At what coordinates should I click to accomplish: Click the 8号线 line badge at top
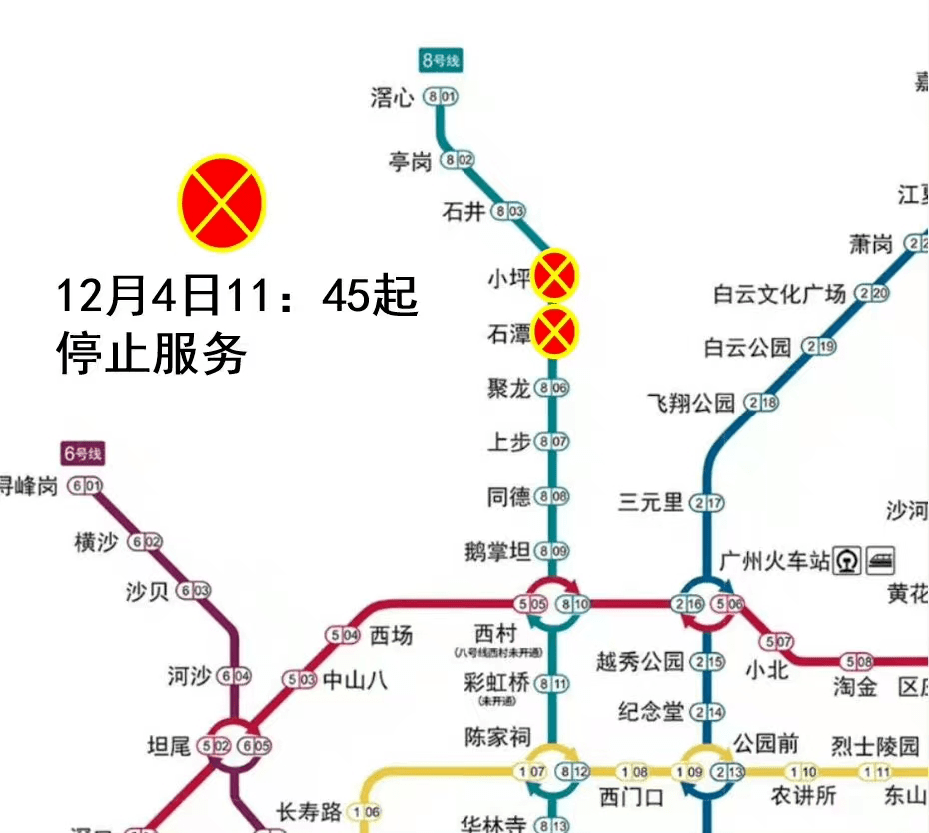tap(441, 61)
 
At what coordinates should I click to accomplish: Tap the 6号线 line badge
tap(83, 454)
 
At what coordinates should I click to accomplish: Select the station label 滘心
tap(392, 97)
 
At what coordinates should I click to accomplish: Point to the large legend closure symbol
tap(221, 202)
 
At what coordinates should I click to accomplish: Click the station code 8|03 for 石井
tap(509, 211)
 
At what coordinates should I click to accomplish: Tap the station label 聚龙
tap(508, 388)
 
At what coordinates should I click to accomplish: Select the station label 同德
tap(508, 496)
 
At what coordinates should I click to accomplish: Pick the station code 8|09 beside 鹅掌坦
tap(551, 551)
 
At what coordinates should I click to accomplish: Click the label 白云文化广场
tap(779, 294)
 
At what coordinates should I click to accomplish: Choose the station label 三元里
tap(650, 502)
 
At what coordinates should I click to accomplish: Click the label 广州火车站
tap(775, 561)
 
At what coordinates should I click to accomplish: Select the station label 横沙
tap(96, 542)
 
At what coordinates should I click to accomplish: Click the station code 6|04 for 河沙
tap(234, 676)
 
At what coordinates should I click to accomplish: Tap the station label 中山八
tap(354, 681)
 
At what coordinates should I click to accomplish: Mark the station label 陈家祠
tap(497, 737)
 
